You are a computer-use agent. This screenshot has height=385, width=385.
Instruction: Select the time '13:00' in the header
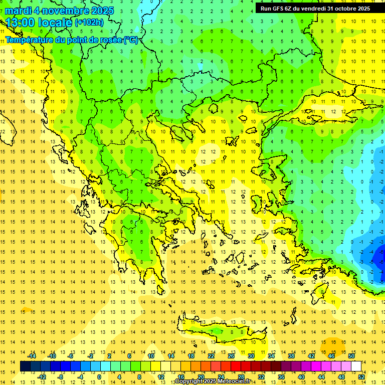point(21,23)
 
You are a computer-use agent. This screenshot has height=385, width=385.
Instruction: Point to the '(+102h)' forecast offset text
point(89,23)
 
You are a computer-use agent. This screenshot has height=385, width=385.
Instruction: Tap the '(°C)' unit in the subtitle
point(131,40)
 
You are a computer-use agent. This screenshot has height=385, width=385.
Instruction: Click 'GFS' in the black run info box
point(280,8)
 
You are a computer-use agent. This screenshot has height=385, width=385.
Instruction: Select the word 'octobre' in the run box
point(344,8)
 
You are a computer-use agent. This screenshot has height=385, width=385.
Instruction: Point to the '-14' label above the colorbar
point(32,356)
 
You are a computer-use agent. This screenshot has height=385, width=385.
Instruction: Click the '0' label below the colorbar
point(99,377)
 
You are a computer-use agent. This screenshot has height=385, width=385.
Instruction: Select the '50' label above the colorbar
point(351,356)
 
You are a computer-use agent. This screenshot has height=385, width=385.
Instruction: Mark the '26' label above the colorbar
point(231,356)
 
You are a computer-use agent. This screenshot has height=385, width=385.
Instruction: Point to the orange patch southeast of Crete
point(335,345)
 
